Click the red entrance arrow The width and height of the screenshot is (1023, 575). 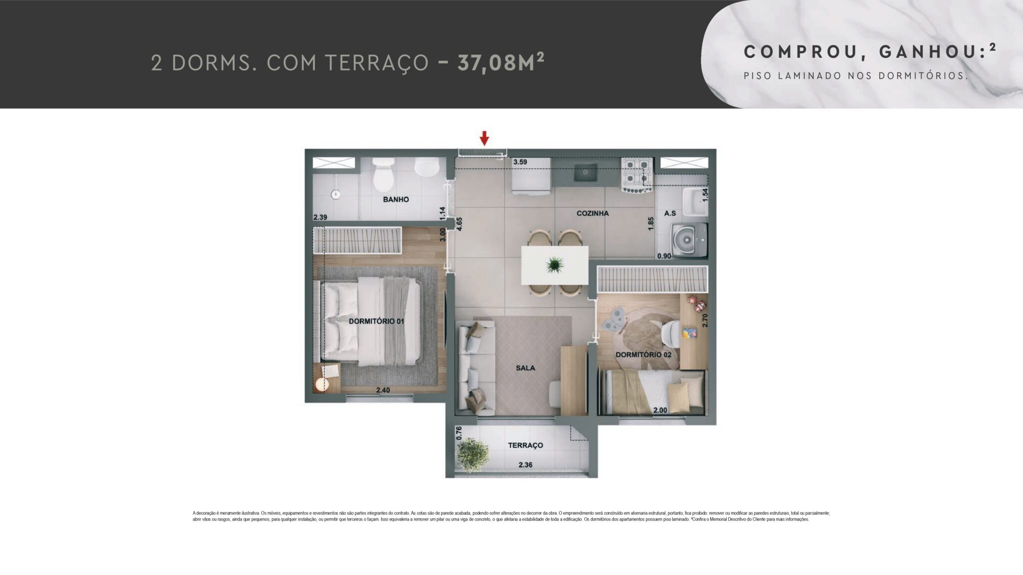(x=484, y=138)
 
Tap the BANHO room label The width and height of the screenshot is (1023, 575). (x=396, y=200)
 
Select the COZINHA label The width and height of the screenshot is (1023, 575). (x=592, y=213)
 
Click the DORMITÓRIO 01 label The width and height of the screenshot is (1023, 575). (x=376, y=321)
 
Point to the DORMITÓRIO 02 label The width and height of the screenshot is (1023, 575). (x=643, y=355)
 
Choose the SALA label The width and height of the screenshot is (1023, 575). (x=525, y=368)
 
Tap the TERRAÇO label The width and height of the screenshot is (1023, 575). (x=525, y=445)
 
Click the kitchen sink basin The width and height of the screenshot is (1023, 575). (x=585, y=172)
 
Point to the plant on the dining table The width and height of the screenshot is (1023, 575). (x=555, y=265)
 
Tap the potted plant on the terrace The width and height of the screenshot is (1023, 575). (x=473, y=454)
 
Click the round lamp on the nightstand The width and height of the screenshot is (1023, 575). (x=323, y=384)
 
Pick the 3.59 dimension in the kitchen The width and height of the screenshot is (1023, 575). (x=520, y=162)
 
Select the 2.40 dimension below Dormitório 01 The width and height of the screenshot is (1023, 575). (x=383, y=390)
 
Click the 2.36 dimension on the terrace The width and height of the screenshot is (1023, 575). (x=525, y=465)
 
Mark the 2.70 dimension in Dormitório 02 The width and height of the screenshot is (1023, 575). (x=705, y=320)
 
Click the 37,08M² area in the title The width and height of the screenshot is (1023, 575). (x=500, y=62)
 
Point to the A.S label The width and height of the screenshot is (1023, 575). (x=670, y=213)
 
